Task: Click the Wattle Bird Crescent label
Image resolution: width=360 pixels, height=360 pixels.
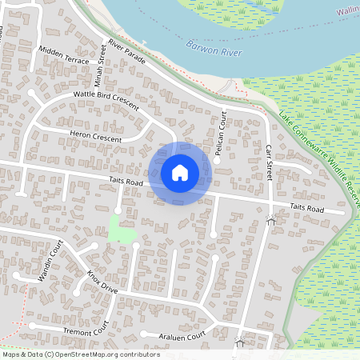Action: click(106, 99)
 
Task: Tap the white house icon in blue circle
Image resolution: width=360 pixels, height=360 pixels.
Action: click(180, 173)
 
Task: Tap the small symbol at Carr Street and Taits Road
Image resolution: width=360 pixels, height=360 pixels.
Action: click(271, 218)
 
